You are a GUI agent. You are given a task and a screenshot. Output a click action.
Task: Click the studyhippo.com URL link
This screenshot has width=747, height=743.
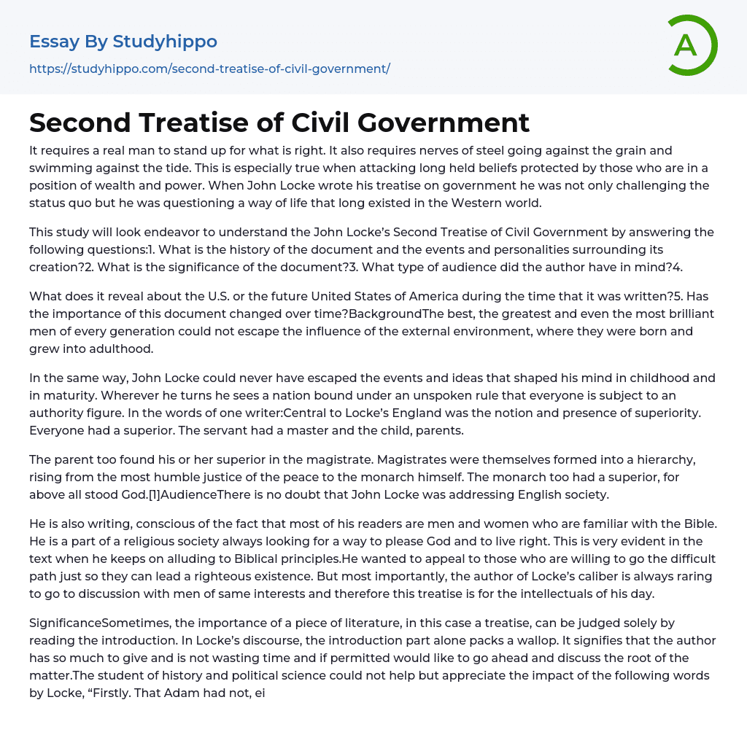209,69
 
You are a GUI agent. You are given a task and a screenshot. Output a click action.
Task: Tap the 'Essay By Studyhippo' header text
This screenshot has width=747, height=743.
123,42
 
